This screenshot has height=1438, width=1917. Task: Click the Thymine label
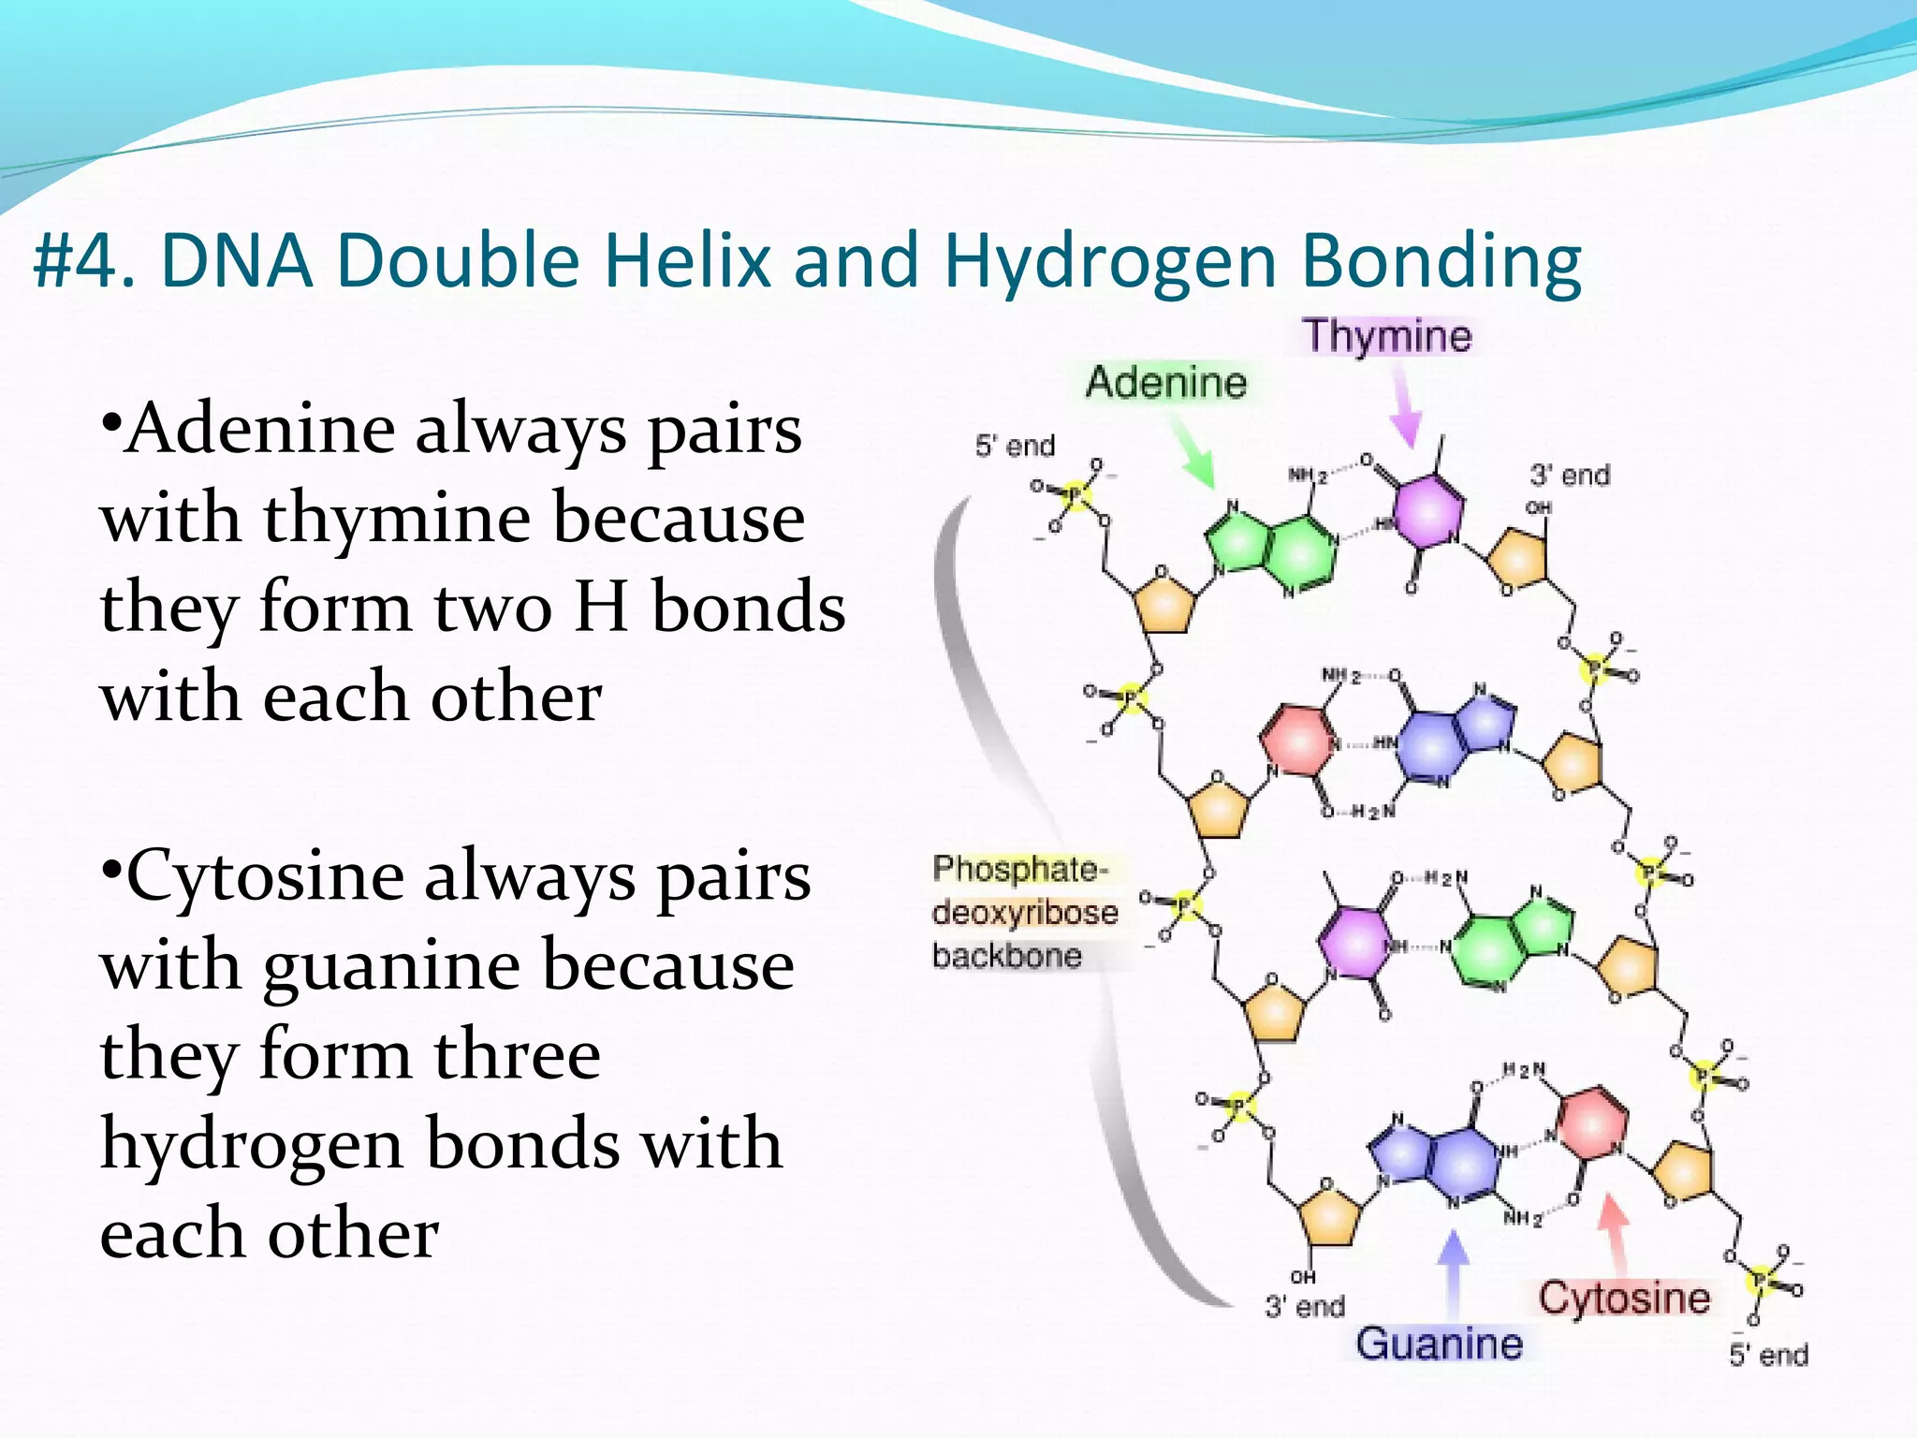tap(1387, 336)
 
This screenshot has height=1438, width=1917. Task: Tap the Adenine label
tap(1165, 383)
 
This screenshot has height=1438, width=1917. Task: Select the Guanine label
tap(1439, 1343)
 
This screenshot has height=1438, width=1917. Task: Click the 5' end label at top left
tap(1015, 446)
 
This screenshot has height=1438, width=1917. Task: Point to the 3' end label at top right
tap(1570, 476)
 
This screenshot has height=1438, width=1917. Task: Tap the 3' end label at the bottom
tap(1304, 1306)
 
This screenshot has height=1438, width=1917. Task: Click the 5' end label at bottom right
tap(1768, 1355)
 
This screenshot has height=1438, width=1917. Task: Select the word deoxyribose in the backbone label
tap(1025, 913)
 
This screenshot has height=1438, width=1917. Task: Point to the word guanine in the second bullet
tap(390, 965)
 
